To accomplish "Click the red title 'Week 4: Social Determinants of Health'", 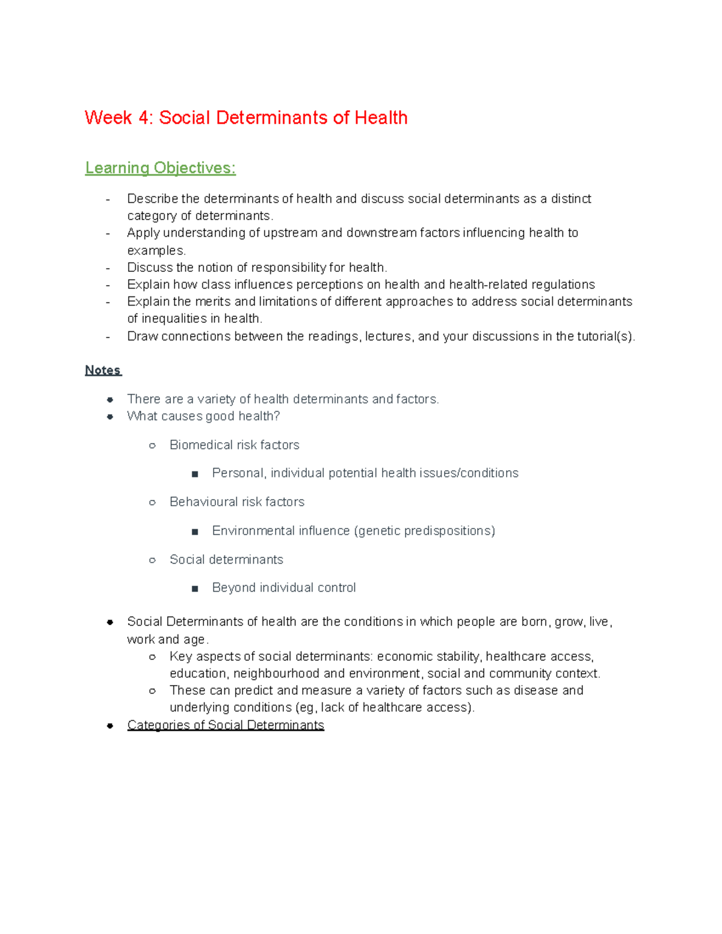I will [245, 117].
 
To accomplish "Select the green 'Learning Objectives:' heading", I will [160, 168].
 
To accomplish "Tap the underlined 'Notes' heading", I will [103, 370].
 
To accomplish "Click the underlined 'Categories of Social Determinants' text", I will [226, 725].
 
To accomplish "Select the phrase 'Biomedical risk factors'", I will [234, 445].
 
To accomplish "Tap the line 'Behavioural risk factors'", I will [236, 502].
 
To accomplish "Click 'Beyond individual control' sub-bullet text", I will [283, 588].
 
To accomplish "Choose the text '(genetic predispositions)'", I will [424, 530].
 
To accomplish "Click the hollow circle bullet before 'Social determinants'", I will [152, 560].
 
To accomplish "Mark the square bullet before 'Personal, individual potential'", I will [195, 474].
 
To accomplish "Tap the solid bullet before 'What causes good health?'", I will [110, 417].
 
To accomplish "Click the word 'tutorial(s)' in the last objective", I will [605, 336].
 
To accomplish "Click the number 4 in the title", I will [144, 117].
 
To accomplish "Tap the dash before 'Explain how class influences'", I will [108, 285].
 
